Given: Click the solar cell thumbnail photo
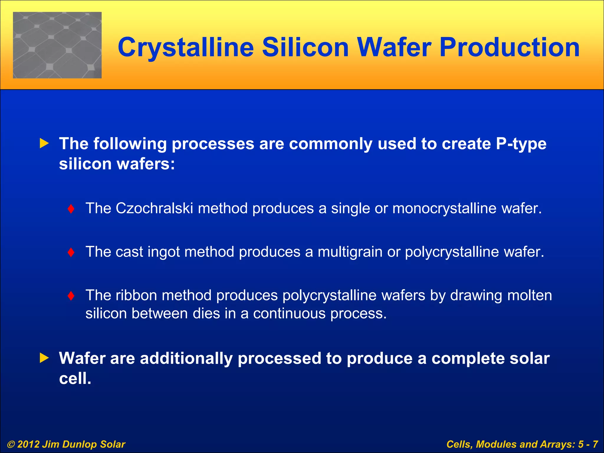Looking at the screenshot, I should tap(57, 45).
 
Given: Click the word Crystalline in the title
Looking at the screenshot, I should tap(186, 48).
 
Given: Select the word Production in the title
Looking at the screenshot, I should tap(509, 47).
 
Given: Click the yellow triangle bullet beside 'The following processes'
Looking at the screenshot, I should tap(44, 144).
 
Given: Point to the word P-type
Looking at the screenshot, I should tap(521, 144).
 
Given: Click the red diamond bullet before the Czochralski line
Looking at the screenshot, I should tap(71, 209).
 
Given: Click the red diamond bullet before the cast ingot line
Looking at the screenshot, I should tap(71, 252).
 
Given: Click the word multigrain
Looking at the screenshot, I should tap(350, 252).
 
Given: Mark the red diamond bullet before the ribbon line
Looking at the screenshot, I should tap(71, 296).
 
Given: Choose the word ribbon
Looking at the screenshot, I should tap(136, 295).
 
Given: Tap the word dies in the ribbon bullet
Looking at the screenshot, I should tap(206, 313).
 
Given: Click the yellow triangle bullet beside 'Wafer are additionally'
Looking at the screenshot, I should tap(44, 358).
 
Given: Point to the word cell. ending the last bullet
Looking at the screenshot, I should tap(75, 378).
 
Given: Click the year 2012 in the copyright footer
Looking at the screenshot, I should tap(28, 444).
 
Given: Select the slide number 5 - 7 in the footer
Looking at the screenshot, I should tap(588, 444).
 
